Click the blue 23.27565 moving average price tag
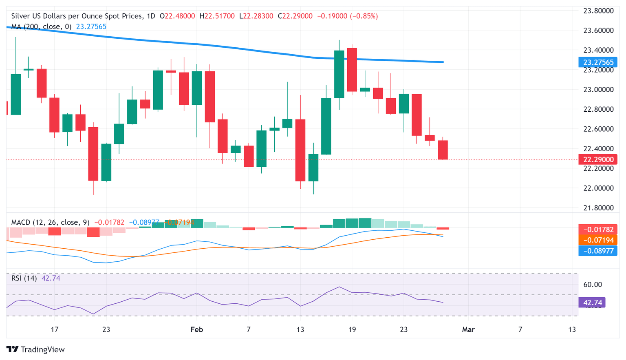(598, 62)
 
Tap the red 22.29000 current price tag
(598, 159)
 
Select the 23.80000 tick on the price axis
(598, 11)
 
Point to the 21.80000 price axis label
(598, 208)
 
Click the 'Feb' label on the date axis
(196, 329)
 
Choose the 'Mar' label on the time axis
(468, 329)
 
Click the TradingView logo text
(42, 349)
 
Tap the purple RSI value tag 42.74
(592, 303)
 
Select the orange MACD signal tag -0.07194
(598, 240)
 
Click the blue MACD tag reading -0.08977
(598, 251)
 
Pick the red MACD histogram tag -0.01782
(598, 230)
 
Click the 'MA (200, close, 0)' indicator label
(41, 27)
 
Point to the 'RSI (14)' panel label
(24, 278)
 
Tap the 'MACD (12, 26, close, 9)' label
(50, 222)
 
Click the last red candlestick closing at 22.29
(443, 150)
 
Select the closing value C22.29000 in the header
(295, 16)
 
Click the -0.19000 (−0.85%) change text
(347, 16)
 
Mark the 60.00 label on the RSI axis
(593, 285)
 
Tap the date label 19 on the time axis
(352, 329)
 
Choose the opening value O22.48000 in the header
(177, 16)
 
